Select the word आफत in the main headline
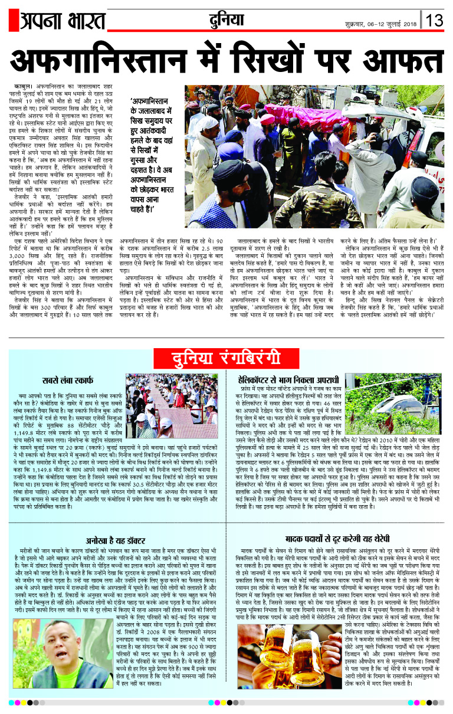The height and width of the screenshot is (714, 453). pos(401,60)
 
